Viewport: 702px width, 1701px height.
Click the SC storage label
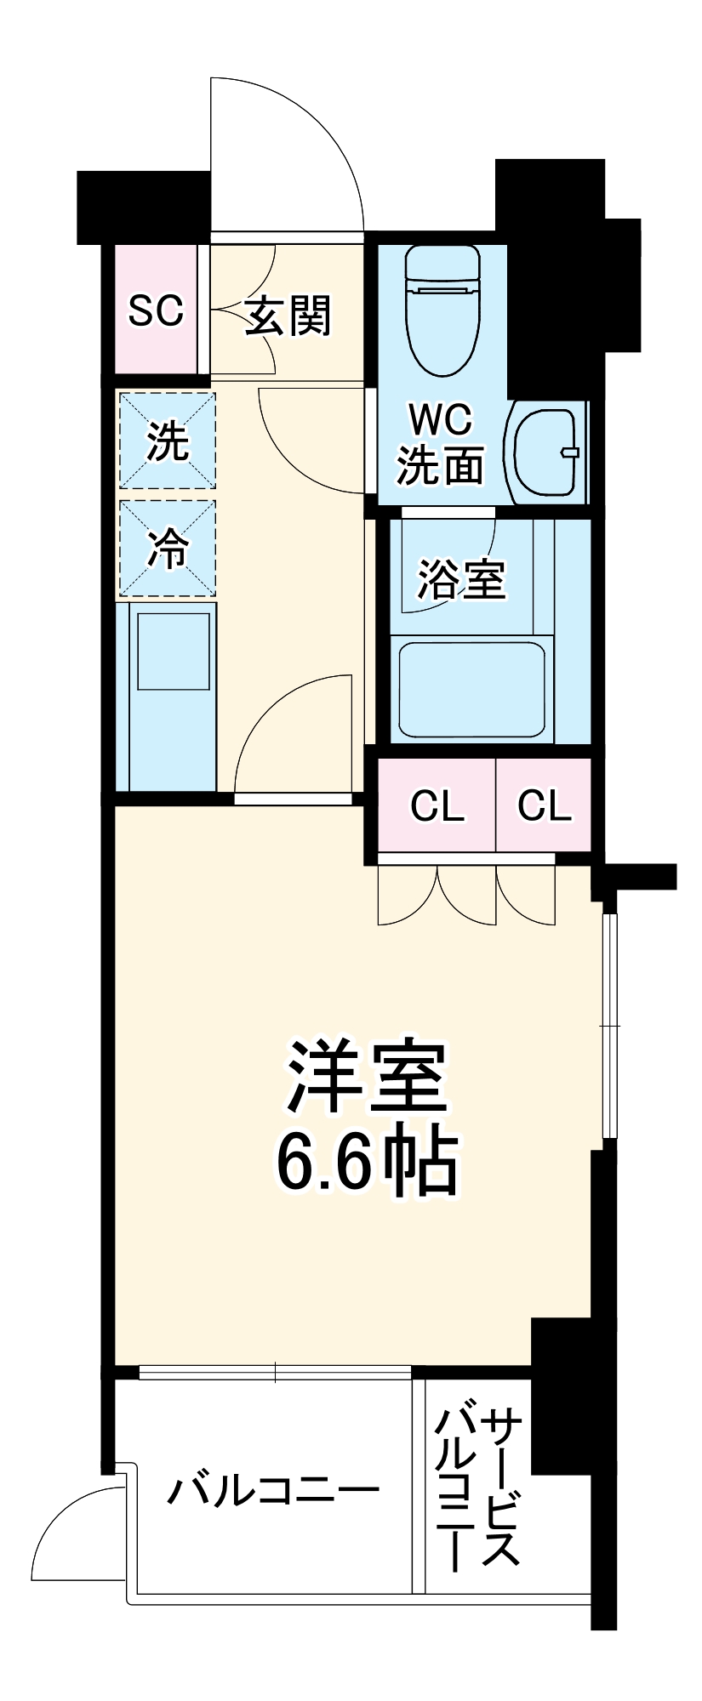coord(156,311)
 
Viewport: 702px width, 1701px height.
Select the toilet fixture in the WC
coord(442,310)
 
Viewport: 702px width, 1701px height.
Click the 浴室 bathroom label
coord(461,580)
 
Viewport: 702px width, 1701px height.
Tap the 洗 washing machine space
coord(168,441)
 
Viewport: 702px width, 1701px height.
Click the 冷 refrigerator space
coord(168,549)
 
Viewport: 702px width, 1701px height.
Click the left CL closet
coord(437,805)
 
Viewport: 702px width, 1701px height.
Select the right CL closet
coord(545,805)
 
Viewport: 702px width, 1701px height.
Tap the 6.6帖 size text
coord(368,1163)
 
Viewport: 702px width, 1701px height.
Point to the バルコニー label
coord(272,1491)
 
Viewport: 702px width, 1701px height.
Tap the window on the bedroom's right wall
coord(608,1025)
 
